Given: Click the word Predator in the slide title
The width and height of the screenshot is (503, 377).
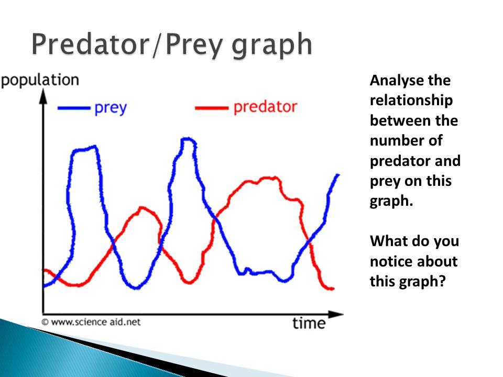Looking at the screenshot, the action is coord(91,44).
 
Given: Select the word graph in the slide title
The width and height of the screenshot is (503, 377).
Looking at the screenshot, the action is coord(272,46).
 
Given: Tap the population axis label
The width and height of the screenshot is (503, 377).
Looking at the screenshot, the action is coord(40,81).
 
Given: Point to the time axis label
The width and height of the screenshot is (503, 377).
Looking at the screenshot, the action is coord(309,323).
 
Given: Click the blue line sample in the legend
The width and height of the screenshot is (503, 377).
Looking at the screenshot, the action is coord(74,108).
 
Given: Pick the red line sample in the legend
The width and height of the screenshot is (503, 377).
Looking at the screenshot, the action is coord(211,108).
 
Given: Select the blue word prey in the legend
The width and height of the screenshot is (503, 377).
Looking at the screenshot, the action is coord(111,108).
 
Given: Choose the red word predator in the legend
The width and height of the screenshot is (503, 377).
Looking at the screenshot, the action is coord(265,107).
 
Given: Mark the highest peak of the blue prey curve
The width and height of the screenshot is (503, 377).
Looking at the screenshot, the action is coord(188,139).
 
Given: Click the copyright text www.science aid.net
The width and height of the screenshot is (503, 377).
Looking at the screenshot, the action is coord(91,322).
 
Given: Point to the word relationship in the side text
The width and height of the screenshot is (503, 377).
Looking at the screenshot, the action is coord(411,101).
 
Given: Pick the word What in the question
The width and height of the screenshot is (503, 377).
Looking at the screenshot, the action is coord(386,241).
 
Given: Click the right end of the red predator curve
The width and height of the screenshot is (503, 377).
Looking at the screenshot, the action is coord(333,289).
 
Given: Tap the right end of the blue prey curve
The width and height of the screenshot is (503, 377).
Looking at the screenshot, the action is coord(337,175).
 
